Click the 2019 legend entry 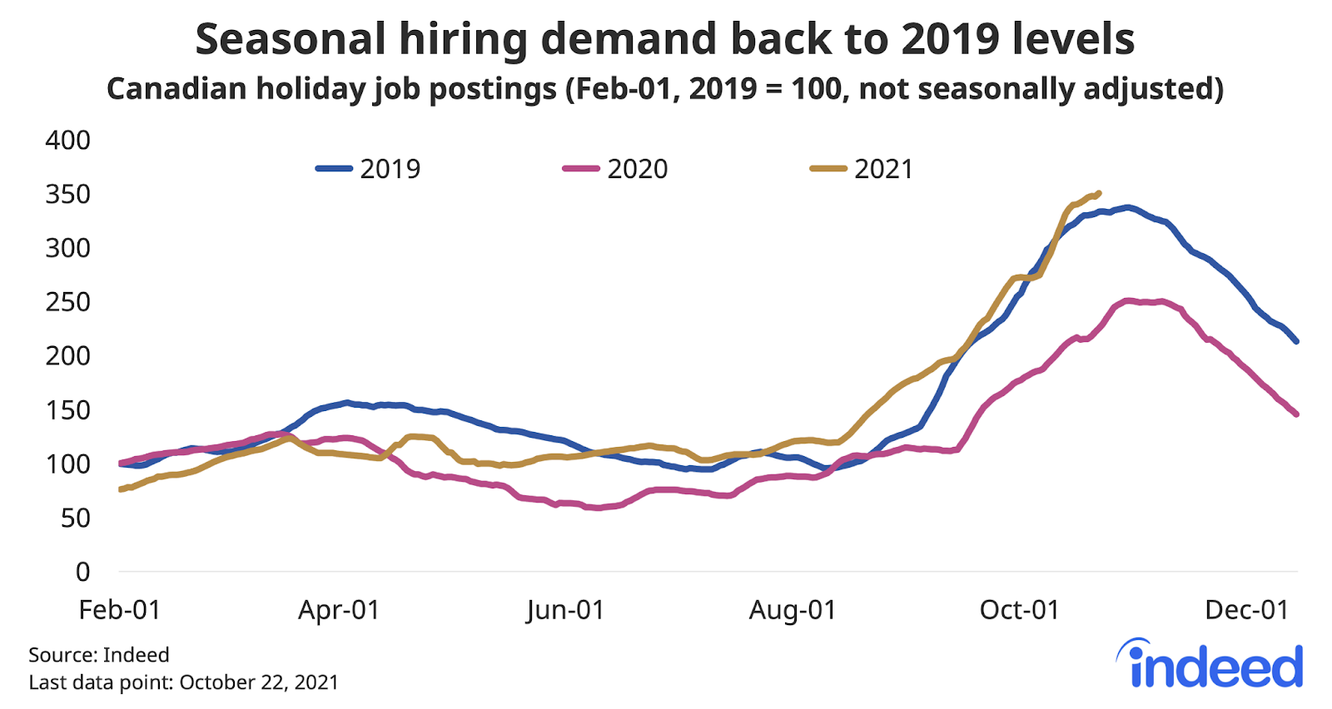click(x=369, y=169)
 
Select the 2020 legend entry click(x=616, y=169)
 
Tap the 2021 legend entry click(x=862, y=169)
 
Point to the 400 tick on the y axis click(x=68, y=140)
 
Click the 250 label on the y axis click(x=68, y=302)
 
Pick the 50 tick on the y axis click(x=74, y=518)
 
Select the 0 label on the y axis click(x=82, y=572)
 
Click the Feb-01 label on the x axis click(x=119, y=610)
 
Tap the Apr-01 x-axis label click(x=339, y=610)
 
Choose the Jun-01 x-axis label click(x=565, y=610)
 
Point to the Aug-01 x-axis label click(x=793, y=610)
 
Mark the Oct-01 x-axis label click(x=1020, y=610)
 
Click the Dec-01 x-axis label click(x=1247, y=610)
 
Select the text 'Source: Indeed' click(x=99, y=655)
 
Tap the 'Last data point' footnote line click(x=184, y=682)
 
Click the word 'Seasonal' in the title click(x=291, y=39)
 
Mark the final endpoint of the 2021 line click(x=1099, y=193)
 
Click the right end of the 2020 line click(x=1296, y=414)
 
